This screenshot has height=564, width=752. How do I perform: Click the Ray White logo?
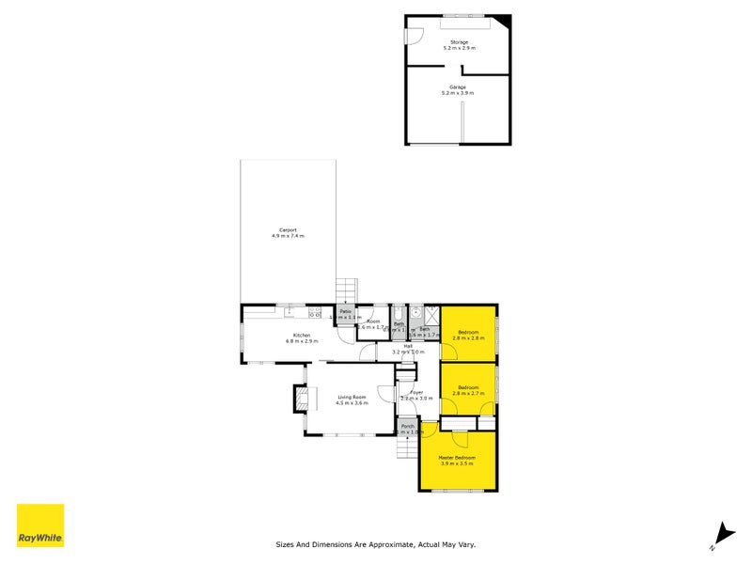pyautogui.click(x=40, y=525)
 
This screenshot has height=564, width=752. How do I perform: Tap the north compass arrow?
pyautogui.click(x=722, y=532)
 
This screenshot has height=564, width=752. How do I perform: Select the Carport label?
pyautogui.click(x=288, y=230)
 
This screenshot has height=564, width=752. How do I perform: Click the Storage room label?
pyautogui.click(x=459, y=42)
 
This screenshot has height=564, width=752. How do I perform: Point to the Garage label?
pyautogui.click(x=458, y=87)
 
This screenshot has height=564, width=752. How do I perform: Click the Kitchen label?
pyautogui.click(x=302, y=336)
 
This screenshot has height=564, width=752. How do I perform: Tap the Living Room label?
pyautogui.click(x=351, y=398)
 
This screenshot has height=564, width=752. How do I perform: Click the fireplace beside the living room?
pyautogui.click(x=301, y=399)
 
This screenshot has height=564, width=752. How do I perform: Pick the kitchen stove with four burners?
pyautogui.click(x=315, y=314)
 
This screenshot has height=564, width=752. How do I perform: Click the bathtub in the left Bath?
pyautogui.click(x=399, y=317)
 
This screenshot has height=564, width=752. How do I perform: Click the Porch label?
pyautogui.click(x=408, y=426)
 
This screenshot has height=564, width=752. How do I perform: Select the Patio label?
pyautogui.click(x=345, y=311)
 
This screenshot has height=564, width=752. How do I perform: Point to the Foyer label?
pyautogui.click(x=416, y=392)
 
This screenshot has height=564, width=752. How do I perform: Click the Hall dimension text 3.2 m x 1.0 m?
pyautogui.click(x=408, y=352)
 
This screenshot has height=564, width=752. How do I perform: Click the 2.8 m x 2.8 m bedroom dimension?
pyautogui.click(x=470, y=337)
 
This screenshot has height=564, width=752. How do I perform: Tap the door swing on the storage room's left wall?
pyautogui.click(x=411, y=36)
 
